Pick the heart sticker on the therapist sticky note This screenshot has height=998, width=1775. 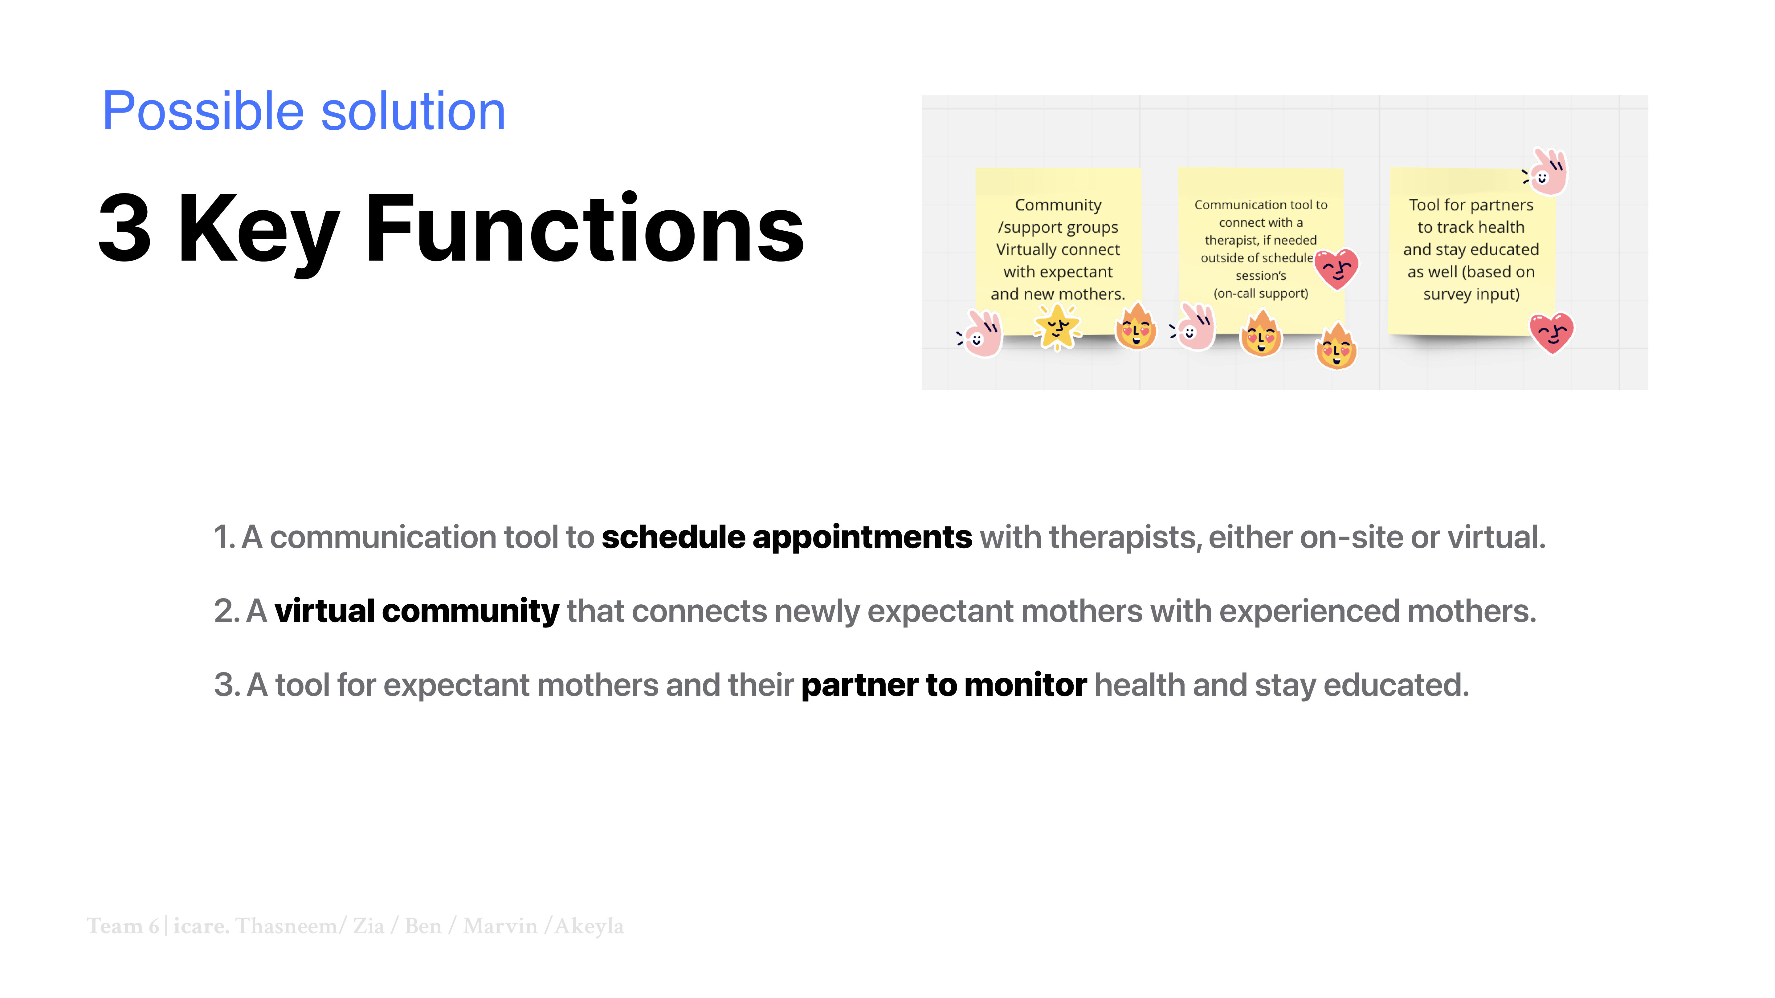[1337, 269]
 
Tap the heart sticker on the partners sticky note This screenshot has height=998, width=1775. [1552, 333]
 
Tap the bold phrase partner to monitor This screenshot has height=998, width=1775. [944, 685]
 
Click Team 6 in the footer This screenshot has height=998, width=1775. [123, 926]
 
